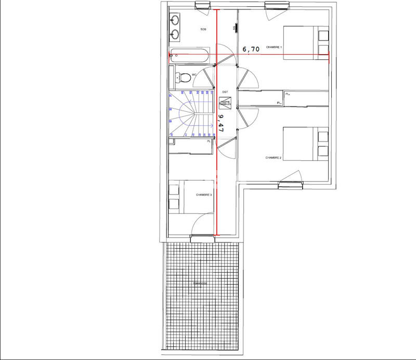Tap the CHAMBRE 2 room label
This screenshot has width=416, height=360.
(x=274, y=158)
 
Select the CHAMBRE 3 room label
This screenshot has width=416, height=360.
(x=204, y=195)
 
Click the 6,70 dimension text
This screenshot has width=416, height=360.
(x=251, y=49)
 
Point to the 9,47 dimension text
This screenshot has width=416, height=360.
(x=221, y=124)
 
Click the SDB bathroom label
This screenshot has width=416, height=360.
(x=203, y=30)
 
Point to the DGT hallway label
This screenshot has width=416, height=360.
(x=225, y=92)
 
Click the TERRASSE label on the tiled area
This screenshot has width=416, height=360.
(x=200, y=284)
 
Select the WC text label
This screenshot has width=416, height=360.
(x=194, y=75)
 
